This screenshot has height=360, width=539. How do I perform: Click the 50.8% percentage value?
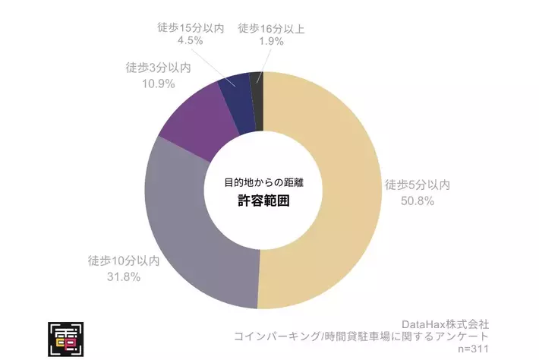[x=418, y=201]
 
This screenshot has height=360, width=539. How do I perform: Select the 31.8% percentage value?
[x=125, y=276]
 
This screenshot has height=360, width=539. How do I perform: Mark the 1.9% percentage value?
[x=270, y=42]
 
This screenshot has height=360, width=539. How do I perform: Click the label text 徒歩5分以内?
[x=418, y=185]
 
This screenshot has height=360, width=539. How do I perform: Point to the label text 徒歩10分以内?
[x=124, y=261]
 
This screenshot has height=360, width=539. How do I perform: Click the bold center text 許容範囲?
[x=263, y=201]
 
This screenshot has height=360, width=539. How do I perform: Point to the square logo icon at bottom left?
[x=66, y=339]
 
